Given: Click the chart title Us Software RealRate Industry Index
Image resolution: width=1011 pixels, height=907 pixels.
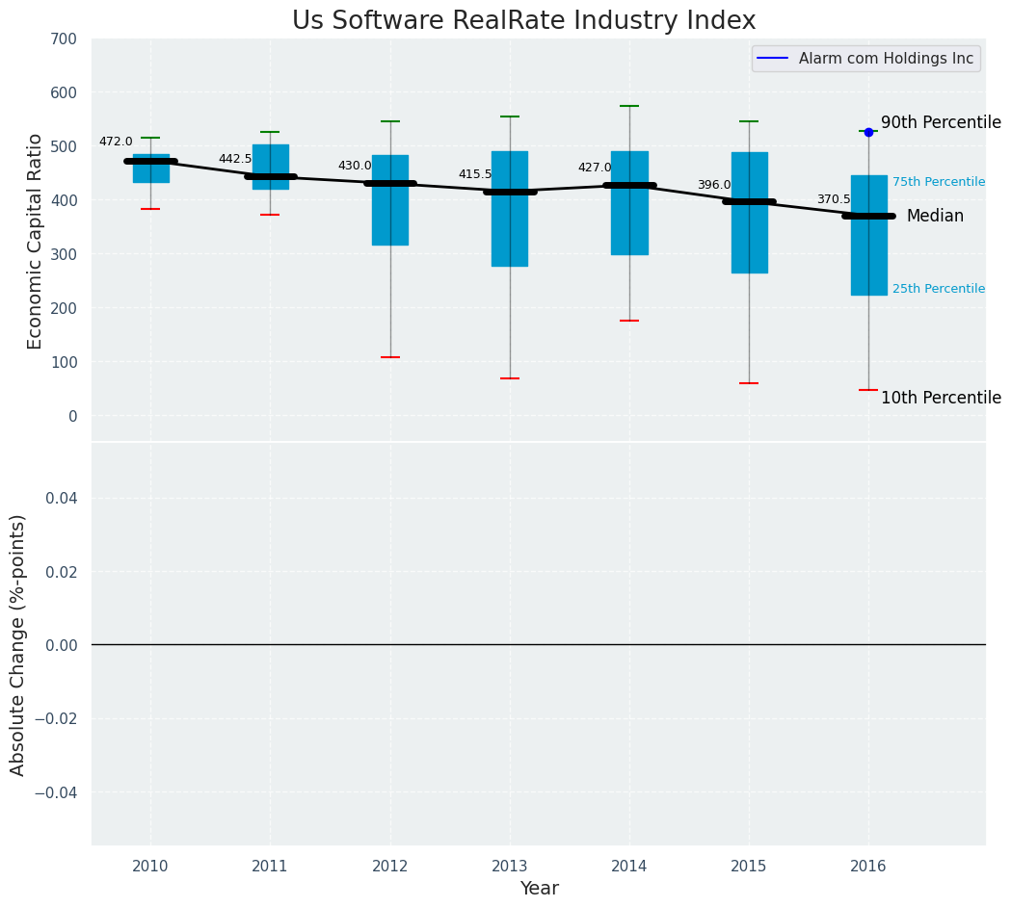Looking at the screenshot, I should click(523, 21).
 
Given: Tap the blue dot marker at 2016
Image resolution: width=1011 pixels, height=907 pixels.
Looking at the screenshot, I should click(868, 132).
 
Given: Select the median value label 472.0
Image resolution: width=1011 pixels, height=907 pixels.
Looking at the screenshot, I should click(116, 142).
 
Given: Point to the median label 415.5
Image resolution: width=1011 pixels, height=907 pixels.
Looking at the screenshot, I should click(475, 174).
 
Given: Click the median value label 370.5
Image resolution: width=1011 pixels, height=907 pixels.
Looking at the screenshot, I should click(834, 199).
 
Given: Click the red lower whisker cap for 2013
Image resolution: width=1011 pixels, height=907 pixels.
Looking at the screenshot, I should click(510, 378).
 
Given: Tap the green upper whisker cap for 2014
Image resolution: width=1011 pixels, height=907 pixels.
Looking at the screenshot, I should click(629, 106).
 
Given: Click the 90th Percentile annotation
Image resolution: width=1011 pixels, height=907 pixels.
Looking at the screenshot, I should click(941, 123).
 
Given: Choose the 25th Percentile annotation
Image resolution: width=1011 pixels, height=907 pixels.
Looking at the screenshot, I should click(939, 289).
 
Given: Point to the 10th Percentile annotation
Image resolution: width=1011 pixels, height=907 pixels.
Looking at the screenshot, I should click(941, 398).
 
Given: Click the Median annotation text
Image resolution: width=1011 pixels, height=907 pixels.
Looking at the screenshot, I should click(935, 217).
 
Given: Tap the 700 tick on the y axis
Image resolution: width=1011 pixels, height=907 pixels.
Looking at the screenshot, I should click(64, 39).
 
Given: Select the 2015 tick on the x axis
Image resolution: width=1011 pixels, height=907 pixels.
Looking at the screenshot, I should click(749, 866).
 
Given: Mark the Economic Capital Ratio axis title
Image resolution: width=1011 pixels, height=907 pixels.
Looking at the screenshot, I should click(36, 241).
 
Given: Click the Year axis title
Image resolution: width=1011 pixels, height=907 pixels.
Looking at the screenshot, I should click(539, 889).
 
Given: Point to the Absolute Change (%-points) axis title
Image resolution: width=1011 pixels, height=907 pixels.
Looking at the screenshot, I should click(18, 644).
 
